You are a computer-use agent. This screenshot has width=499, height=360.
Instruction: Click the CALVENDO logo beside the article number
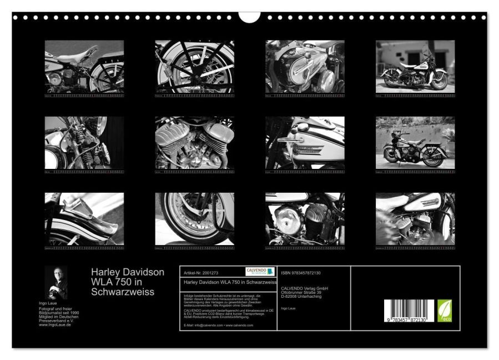(260, 271)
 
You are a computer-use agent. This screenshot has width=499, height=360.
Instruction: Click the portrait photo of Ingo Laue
(56, 282)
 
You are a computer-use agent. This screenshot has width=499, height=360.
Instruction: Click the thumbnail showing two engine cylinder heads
(194, 143)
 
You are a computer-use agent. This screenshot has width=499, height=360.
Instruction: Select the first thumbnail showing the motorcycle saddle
(84, 66)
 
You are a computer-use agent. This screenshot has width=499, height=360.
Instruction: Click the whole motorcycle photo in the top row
(415, 66)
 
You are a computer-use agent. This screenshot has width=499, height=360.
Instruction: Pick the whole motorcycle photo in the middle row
(415, 143)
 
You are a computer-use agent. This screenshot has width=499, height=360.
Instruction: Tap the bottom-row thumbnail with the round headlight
(305, 219)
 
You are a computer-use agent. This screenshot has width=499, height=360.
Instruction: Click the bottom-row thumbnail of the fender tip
(84, 219)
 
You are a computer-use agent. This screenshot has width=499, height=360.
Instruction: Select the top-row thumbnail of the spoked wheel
(194, 66)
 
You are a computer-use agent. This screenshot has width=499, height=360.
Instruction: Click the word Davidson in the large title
(143, 273)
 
